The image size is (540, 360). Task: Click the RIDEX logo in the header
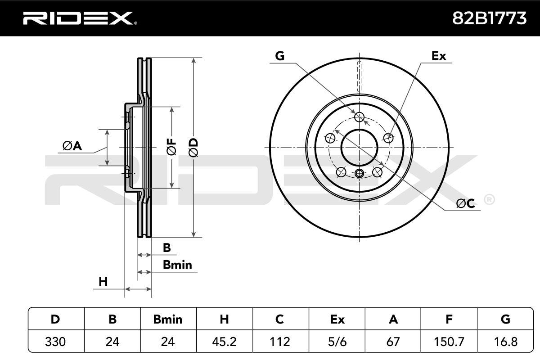(x=80, y=18)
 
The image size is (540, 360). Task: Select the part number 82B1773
(x=489, y=18)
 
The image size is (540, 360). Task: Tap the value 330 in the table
(x=55, y=342)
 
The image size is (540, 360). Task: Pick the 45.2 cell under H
(x=224, y=342)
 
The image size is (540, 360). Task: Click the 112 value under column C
(x=280, y=342)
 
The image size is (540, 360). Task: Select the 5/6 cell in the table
(x=337, y=342)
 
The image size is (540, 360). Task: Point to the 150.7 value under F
(x=449, y=342)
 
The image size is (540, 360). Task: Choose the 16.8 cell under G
(x=505, y=342)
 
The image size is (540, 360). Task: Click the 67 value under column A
(x=393, y=342)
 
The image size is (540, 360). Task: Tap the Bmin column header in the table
(x=168, y=319)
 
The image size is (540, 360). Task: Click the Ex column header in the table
(x=337, y=319)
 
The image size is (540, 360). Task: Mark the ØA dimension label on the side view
(x=72, y=146)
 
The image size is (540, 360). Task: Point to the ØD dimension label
(x=193, y=148)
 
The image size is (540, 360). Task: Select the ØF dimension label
(x=171, y=147)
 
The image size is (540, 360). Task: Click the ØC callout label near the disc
(x=465, y=203)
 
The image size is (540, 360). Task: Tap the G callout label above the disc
(x=279, y=56)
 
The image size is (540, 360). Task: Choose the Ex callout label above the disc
(x=438, y=56)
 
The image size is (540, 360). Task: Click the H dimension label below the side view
(x=103, y=282)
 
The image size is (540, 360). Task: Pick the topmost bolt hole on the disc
(x=359, y=117)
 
